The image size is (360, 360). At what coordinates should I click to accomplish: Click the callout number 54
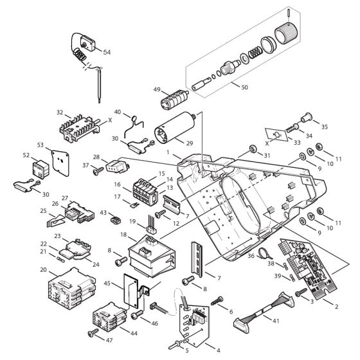(107, 51)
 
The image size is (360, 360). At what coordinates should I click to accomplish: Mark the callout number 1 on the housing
(169, 154)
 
